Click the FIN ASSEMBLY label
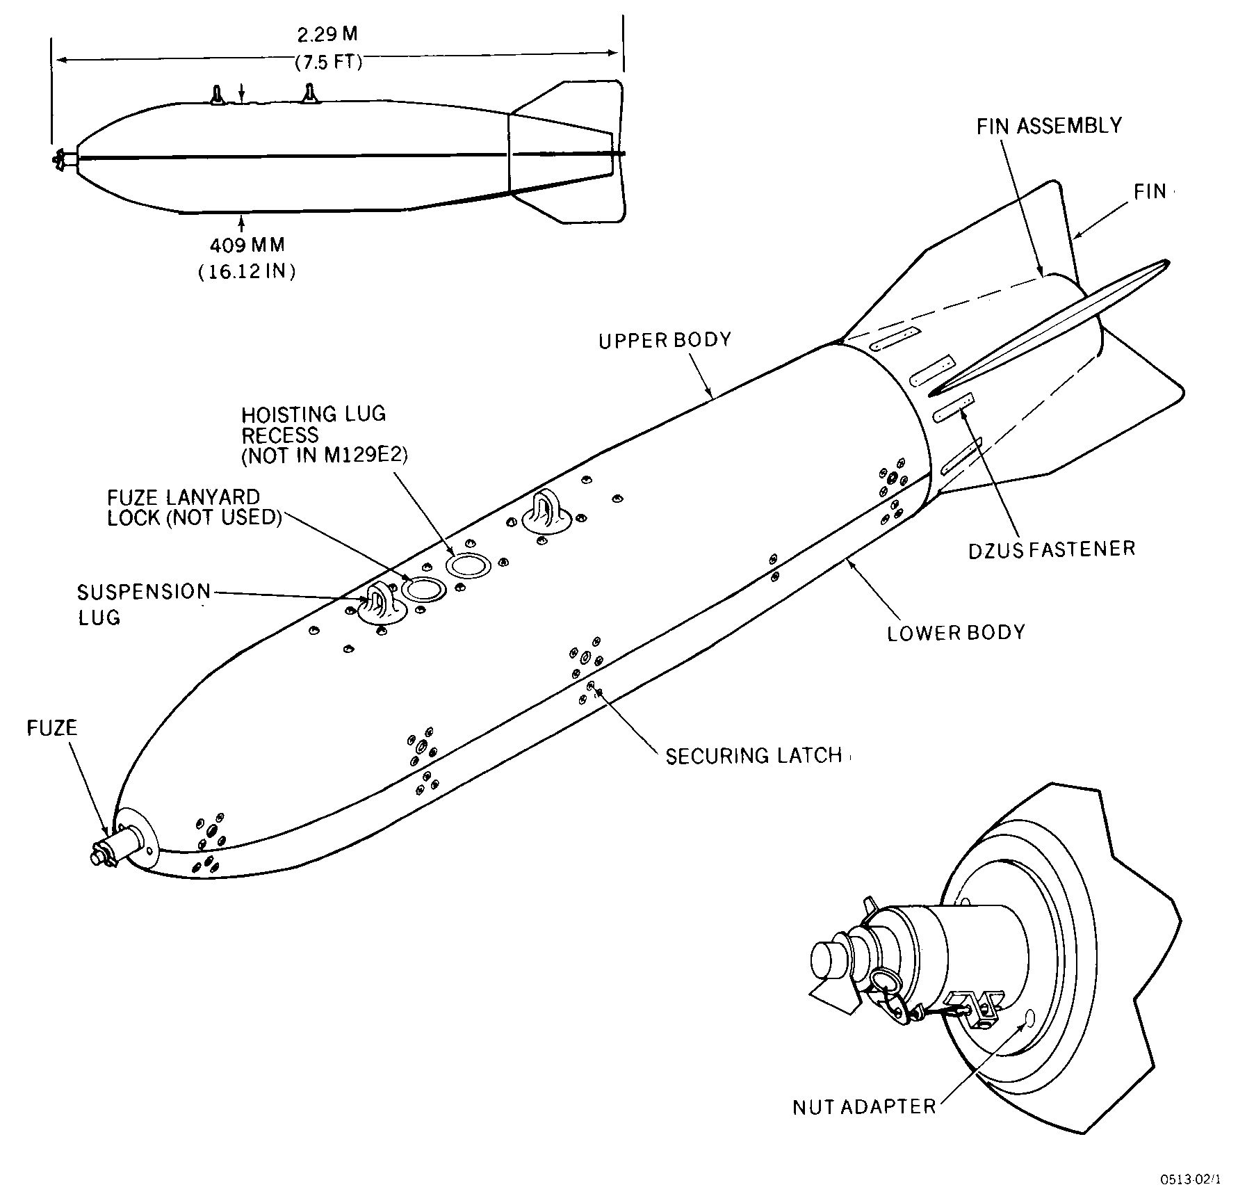coord(1049,126)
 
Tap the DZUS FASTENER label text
coord(1052,549)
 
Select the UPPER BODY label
coord(665,340)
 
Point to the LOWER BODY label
coord(956,632)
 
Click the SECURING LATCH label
coord(754,756)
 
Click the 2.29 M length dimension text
coord(327,33)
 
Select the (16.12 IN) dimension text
coord(247,271)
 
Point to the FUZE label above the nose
coord(52,728)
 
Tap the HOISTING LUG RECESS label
coord(324,435)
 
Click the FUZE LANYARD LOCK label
coord(194,508)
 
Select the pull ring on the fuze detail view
coord(883,984)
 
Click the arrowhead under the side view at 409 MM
coord(242,223)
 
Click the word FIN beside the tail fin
coord(1150,191)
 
